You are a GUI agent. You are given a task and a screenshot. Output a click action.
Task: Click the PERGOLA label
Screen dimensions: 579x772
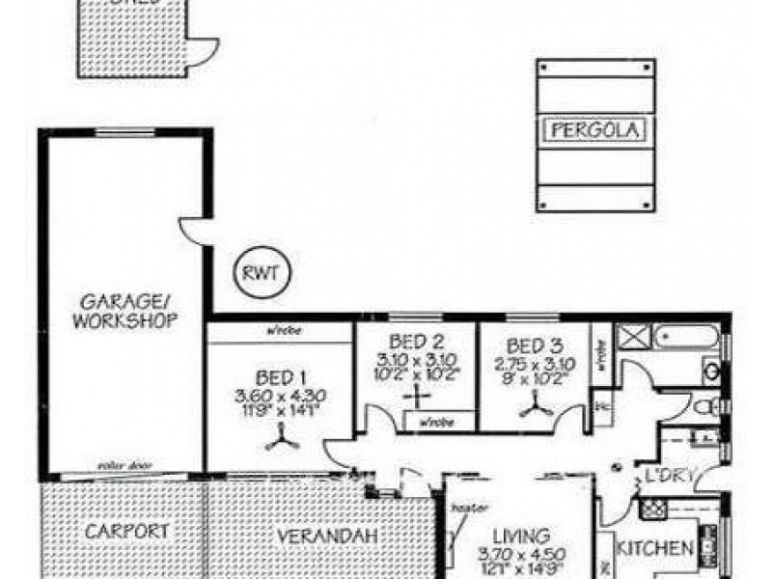coord(596,128)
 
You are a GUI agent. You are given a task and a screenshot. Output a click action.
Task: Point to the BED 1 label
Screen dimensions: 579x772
coord(282,377)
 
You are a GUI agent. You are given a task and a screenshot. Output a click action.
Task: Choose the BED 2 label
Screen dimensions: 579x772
coord(417,342)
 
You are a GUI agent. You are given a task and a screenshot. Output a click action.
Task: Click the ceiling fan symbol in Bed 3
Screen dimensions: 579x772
coord(533,410)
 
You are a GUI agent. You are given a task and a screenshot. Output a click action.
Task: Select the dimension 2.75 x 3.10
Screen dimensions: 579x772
coord(535,364)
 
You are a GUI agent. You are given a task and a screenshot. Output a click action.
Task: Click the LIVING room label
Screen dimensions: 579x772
coord(521,535)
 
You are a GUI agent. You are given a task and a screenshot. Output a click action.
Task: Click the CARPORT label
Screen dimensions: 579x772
coord(126,531)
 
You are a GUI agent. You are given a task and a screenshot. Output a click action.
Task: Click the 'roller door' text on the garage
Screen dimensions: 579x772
coord(120,465)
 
